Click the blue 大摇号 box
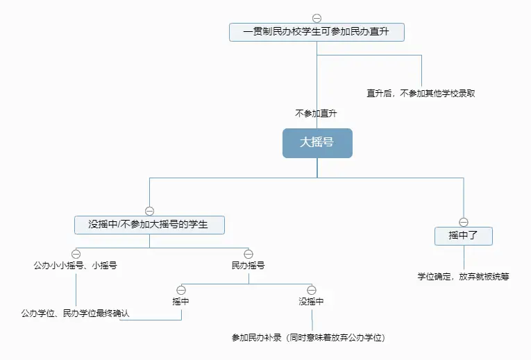pyautogui.click(x=317, y=143)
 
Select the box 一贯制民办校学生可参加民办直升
pyautogui.click(x=317, y=33)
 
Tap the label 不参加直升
pyautogui.click(x=316, y=112)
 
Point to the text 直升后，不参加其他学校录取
pyautogui.click(x=421, y=93)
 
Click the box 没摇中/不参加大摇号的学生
pyautogui.click(x=149, y=225)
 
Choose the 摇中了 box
pyautogui.click(x=463, y=236)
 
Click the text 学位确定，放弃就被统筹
pyautogui.click(x=463, y=276)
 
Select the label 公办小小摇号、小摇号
pyautogui.click(x=76, y=266)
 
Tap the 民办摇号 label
pyautogui.click(x=248, y=266)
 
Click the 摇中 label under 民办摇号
pyautogui.click(x=181, y=301)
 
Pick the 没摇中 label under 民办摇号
pyautogui.click(x=311, y=301)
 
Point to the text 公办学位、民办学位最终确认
pyautogui.click(x=76, y=314)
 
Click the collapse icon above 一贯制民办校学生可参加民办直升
pyautogui.click(x=317, y=18)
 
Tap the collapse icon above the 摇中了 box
pyautogui.click(x=463, y=221)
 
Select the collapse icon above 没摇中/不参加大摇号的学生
pyautogui.click(x=149, y=210)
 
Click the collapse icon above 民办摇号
pyautogui.click(x=248, y=254)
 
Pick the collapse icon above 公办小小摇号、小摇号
pyautogui.click(x=76, y=254)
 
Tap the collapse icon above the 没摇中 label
pyautogui.click(x=311, y=289)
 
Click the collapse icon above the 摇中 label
pyautogui.click(x=181, y=289)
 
